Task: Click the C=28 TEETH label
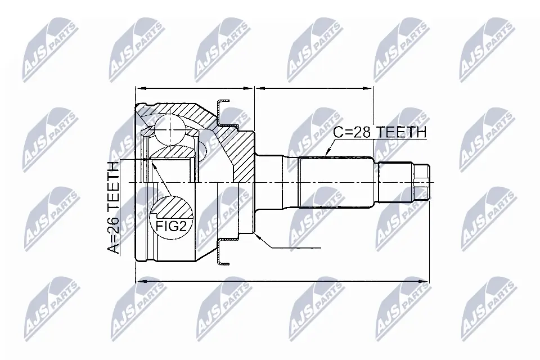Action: pyautogui.click(x=380, y=132)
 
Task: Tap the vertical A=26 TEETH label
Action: pyautogui.click(x=113, y=208)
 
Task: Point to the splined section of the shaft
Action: pyautogui.click(x=335, y=183)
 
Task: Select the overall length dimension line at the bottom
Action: pyautogui.click(x=281, y=280)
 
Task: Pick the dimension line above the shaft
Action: pyautogui.click(x=314, y=88)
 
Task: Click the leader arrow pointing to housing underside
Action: pyautogui.click(x=287, y=246)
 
